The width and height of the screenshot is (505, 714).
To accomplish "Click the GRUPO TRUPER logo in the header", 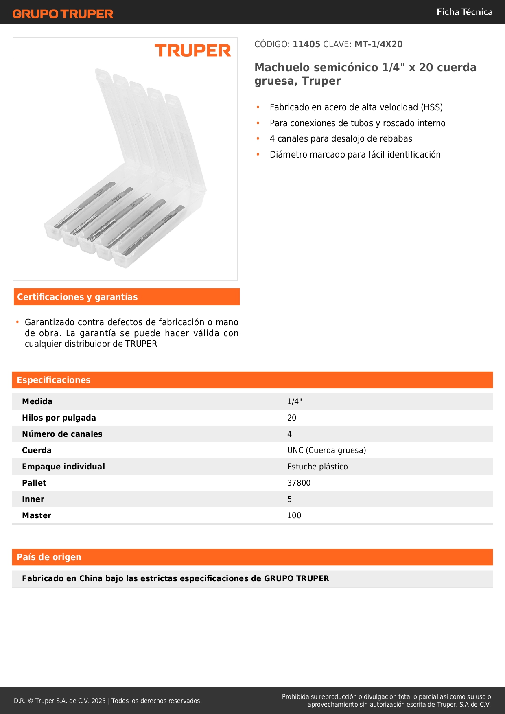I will tap(63, 14).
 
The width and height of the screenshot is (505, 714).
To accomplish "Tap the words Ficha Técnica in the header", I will tap(464, 12).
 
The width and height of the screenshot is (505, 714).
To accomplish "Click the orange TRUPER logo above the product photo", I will tap(192, 50).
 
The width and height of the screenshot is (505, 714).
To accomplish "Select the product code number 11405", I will tap(306, 44).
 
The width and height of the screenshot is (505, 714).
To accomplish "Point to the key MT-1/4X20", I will tap(378, 44).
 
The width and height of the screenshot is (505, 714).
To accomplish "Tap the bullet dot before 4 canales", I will tap(258, 139).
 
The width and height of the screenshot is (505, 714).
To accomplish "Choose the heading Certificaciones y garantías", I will tap(77, 297).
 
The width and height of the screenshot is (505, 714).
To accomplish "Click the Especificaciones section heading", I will tap(54, 380).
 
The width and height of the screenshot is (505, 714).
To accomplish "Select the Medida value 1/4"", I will tap(295, 402).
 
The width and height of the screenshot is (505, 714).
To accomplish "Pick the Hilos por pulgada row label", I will tap(59, 418).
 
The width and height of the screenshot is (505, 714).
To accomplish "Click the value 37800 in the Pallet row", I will tap(299, 483).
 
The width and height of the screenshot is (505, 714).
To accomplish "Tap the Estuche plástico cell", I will tap(317, 467).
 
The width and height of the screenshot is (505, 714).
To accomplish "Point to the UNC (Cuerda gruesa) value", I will tap(326, 451).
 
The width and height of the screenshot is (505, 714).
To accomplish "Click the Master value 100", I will tap(294, 516).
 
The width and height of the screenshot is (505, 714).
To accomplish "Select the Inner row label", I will tap(33, 499).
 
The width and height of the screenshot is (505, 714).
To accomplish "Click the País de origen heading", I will tap(49, 557).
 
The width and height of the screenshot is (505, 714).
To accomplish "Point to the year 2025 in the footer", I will tap(98, 701).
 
